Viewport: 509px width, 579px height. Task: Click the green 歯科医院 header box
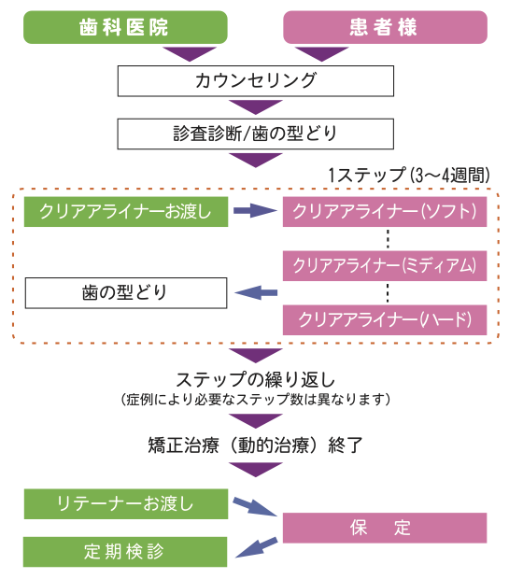click(x=124, y=27)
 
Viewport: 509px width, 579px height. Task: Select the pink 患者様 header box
click(x=385, y=27)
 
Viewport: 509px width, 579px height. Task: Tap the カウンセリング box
click(x=255, y=80)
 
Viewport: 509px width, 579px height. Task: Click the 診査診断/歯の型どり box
click(x=255, y=133)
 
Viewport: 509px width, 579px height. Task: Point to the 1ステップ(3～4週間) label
click(x=407, y=175)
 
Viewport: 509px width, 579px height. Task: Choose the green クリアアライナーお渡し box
click(x=124, y=211)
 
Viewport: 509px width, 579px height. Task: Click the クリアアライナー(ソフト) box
click(x=385, y=211)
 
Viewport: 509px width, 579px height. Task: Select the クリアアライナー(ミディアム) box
click(x=385, y=265)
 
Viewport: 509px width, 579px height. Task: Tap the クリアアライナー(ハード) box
click(x=385, y=319)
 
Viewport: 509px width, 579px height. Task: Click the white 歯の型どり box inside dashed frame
click(x=124, y=292)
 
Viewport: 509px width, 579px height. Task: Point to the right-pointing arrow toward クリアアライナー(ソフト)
click(x=255, y=211)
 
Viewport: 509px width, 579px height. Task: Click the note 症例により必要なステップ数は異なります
click(x=255, y=399)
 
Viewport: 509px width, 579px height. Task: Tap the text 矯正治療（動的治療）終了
click(x=255, y=444)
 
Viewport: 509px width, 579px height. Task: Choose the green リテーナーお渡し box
click(x=124, y=504)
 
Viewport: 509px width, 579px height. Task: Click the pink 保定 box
click(x=385, y=528)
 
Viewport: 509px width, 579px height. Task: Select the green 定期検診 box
click(x=124, y=551)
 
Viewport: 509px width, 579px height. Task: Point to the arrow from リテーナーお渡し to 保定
click(x=254, y=508)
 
